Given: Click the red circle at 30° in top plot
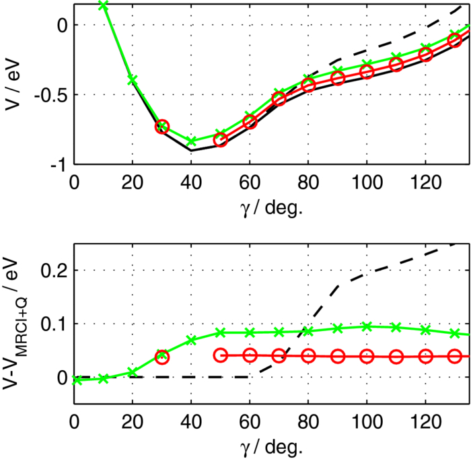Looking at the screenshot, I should (x=161, y=127).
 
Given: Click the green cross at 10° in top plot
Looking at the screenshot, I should (x=103, y=5).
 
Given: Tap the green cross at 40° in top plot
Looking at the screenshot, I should (x=191, y=141).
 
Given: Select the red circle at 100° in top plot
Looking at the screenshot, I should (x=367, y=71).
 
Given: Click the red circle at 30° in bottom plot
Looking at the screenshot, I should (x=161, y=357).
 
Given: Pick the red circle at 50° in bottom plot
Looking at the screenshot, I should (x=220, y=355).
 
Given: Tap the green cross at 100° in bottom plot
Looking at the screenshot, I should (x=367, y=326).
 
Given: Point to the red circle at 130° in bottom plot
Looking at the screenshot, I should (x=455, y=356).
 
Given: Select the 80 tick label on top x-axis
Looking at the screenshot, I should (x=308, y=182).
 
